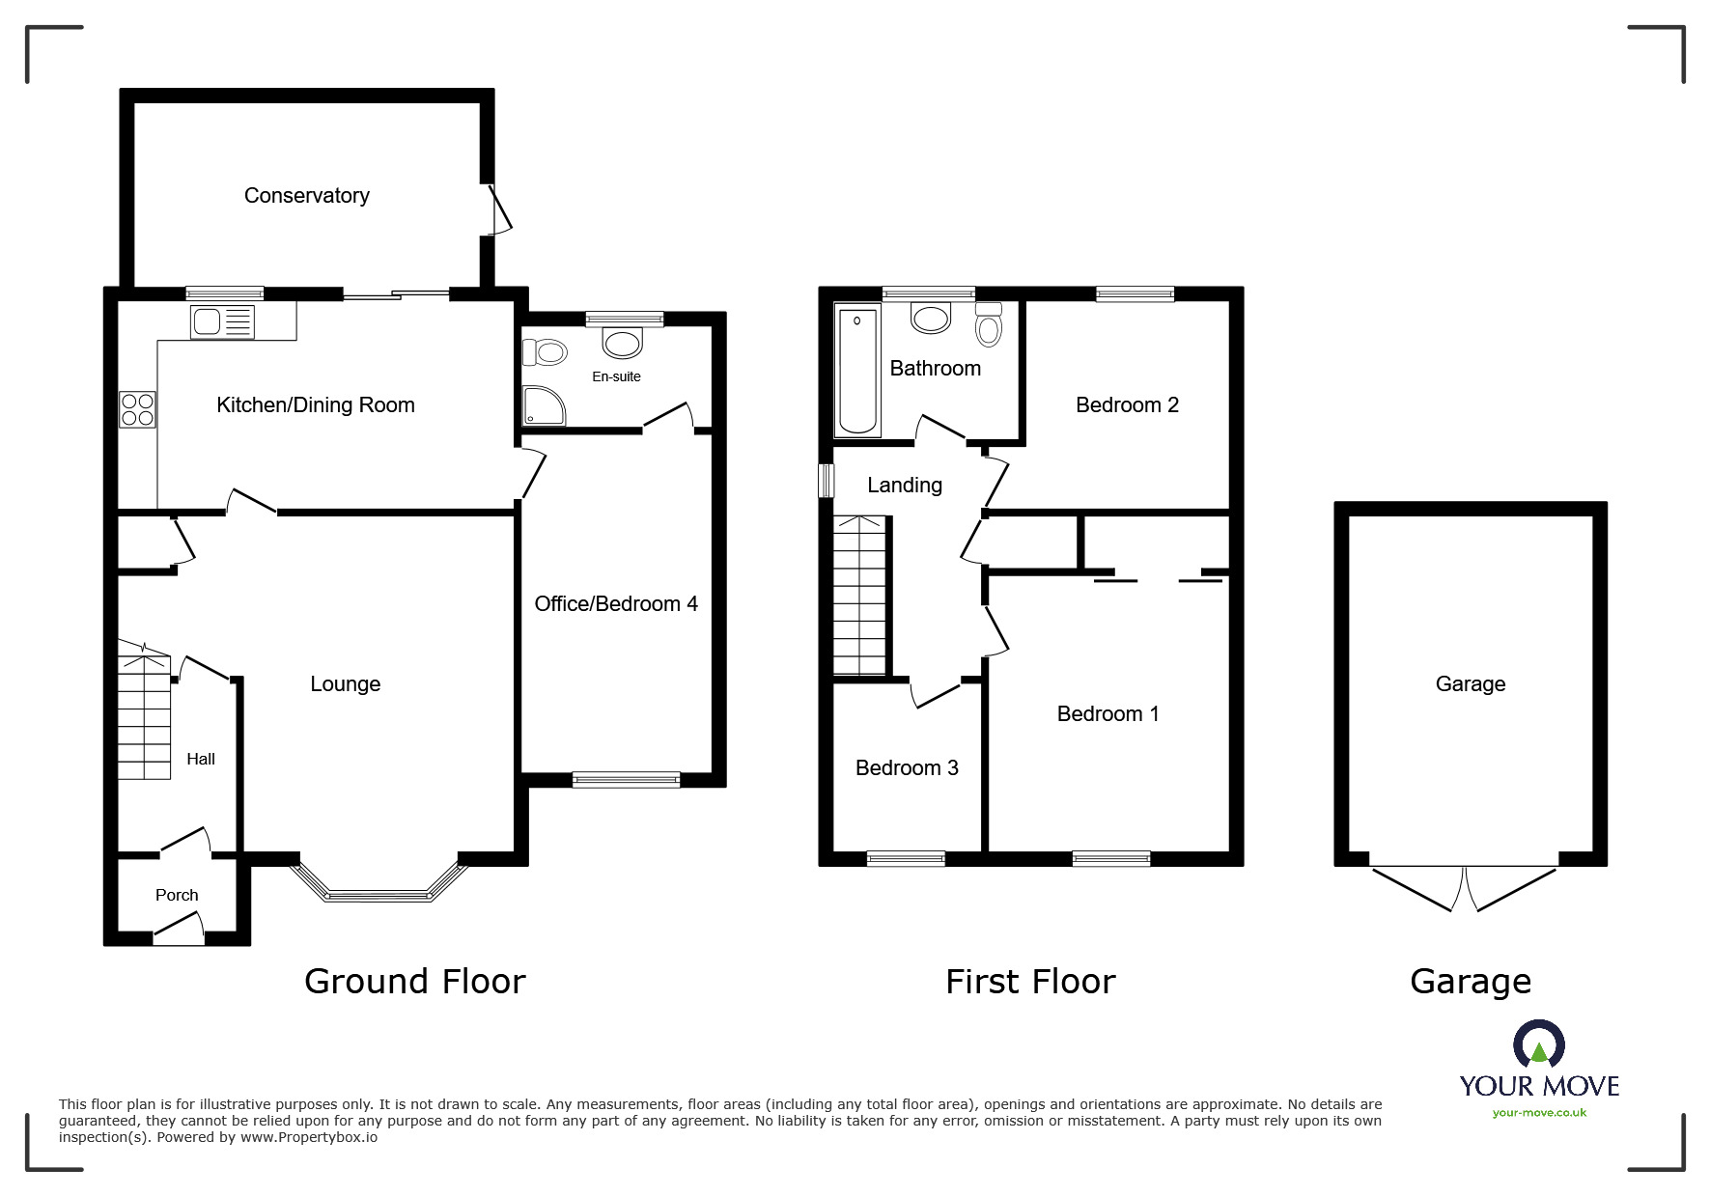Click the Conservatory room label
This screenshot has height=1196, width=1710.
click(306, 196)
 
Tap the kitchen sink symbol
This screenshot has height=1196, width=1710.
click(222, 321)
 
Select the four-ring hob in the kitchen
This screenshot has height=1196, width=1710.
click(136, 409)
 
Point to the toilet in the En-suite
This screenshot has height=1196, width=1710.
click(544, 352)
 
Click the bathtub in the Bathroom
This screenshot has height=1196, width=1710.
click(857, 371)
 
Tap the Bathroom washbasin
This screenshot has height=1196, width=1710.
click(931, 318)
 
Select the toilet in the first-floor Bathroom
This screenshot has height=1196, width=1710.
click(989, 325)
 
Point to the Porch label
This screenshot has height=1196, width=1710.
click(177, 895)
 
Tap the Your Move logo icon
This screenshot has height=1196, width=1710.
click(1538, 1046)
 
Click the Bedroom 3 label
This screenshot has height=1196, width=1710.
click(907, 768)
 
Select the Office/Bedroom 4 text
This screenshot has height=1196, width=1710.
click(616, 604)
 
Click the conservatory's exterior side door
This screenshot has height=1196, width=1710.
click(497, 209)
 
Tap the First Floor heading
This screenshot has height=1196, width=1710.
click(1030, 982)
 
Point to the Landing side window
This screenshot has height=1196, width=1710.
click(826, 481)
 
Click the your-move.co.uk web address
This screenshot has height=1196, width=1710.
click(1539, 1113)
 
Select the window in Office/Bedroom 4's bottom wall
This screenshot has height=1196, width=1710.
click(626, 780)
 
